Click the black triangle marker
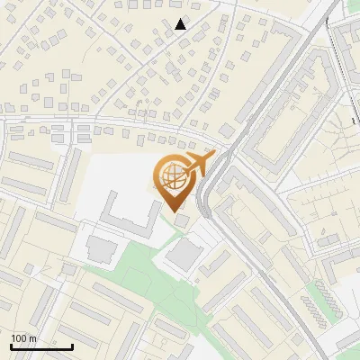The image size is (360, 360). coord(181,24)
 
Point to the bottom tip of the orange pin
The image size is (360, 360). coord(175,210)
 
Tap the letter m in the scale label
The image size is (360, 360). coord(32,338)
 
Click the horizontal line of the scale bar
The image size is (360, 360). coord(41,346)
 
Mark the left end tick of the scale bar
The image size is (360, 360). coord(11,346)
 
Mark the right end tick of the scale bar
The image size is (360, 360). coord(72,346)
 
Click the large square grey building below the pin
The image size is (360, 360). coord(184,255)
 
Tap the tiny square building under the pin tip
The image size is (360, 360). coord(183,221)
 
